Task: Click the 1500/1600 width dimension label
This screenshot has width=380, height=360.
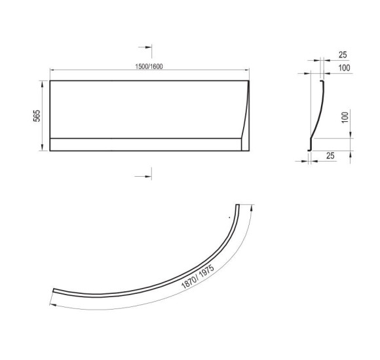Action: tap(149, 66)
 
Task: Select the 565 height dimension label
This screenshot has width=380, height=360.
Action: tap(37, 116)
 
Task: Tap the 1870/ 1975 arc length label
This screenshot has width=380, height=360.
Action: tap(198, 276)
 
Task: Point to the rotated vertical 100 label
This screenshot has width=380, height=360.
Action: tap(345, 117)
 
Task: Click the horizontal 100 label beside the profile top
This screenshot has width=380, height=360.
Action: tap(344, 68)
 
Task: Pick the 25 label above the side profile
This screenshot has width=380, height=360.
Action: tap(343, 55)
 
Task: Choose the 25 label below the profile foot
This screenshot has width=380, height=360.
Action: tap(330, 156)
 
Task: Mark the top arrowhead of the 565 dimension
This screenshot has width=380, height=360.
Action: tap(43, 84)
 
